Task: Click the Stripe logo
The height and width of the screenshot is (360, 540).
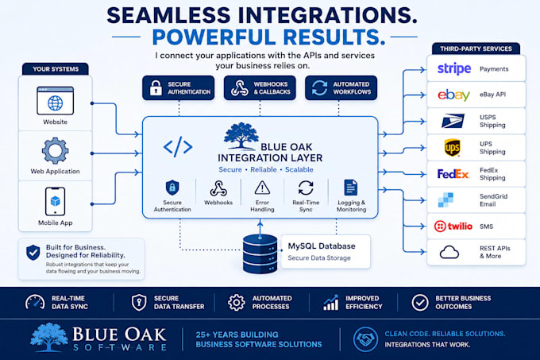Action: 454,69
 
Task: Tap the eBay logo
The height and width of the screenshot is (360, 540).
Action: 454,95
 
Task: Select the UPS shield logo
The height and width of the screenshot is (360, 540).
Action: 452,148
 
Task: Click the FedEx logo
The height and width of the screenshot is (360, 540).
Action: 453,174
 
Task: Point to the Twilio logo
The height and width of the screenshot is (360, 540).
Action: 453,226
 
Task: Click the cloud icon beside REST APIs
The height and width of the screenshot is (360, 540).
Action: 449,252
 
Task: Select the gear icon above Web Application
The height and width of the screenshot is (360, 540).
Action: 55,150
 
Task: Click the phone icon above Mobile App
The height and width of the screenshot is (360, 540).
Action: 55,202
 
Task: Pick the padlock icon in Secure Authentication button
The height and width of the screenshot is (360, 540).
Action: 156,87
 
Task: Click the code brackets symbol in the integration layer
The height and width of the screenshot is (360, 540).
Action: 178,147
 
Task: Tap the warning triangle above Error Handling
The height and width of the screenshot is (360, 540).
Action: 262,188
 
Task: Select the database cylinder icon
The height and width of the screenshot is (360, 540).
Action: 260,254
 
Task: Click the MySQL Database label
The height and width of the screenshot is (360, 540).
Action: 322,246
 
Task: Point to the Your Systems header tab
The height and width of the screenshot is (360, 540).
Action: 56,69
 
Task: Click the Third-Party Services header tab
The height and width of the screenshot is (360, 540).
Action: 476,48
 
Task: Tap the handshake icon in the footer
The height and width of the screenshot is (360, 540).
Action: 365,339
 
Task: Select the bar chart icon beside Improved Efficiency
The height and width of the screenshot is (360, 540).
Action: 330,303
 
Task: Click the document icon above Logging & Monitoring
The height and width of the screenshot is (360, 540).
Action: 351,188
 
